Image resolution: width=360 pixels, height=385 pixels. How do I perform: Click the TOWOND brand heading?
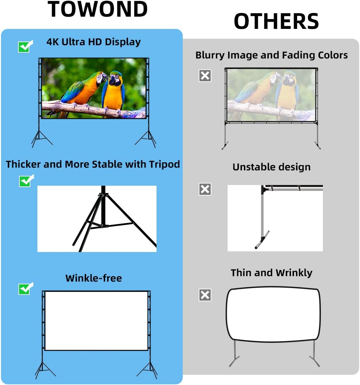[98, 10]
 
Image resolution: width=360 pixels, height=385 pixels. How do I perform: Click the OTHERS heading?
[276, 21]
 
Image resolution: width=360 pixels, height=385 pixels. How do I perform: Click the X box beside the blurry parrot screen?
[205, 76]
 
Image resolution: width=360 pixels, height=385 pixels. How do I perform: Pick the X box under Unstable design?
[205, 189]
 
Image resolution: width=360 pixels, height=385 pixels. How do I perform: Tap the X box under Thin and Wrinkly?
[205, 295]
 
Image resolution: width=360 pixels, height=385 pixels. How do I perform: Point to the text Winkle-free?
[94, 278]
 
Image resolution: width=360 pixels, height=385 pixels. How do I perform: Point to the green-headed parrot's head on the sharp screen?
[99, 76]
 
